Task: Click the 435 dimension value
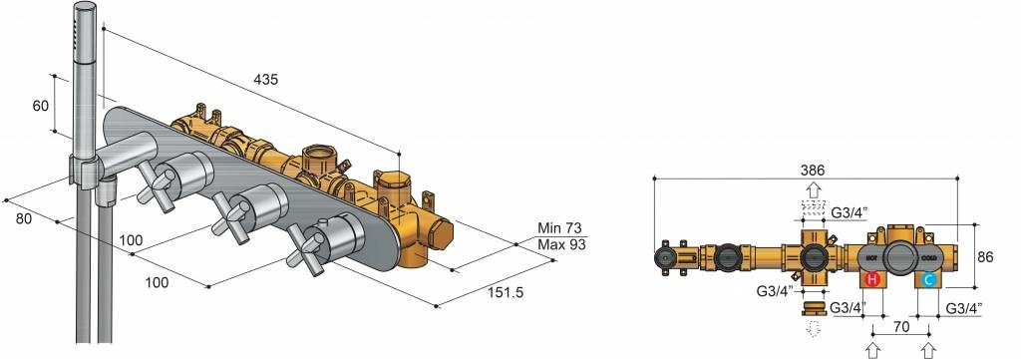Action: [x=265, y=80]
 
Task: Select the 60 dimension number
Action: [x=40, y=105]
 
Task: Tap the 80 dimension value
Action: [x=24, y=218]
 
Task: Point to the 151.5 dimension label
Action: [x=506, y=292]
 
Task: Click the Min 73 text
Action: [x=560, y=228]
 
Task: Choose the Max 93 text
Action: [x=561, y=244]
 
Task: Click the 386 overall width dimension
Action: [x=813, y=170]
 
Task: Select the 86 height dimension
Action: [x=985, y=257]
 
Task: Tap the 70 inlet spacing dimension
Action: [x=901, y=327]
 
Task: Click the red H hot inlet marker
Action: [x=872, y=280]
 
